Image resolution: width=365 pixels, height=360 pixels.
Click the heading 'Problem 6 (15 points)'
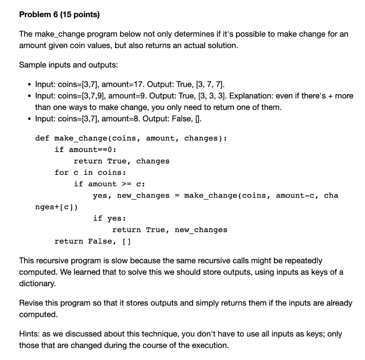(x=60, y=15)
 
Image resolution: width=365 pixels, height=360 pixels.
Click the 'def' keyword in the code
(x=42, y=138)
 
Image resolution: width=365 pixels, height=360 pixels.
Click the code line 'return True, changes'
(x=121, y=161)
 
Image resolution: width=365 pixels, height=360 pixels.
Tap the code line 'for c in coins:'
(x=90, y=172)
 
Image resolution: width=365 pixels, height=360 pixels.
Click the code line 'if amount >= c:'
(x=109, y=184)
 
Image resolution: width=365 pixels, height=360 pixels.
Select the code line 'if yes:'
(x=109, y=218)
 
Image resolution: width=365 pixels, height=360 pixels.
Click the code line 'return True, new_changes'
(x=169, y=230)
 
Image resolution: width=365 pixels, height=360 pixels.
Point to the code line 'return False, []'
(x=93, y=241)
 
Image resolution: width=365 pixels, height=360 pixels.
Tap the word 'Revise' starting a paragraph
(x=30, y=303)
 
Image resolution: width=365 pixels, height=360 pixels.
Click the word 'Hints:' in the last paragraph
(x=29, y=334)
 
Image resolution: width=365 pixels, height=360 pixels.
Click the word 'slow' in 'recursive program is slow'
(x=109, y=261)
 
